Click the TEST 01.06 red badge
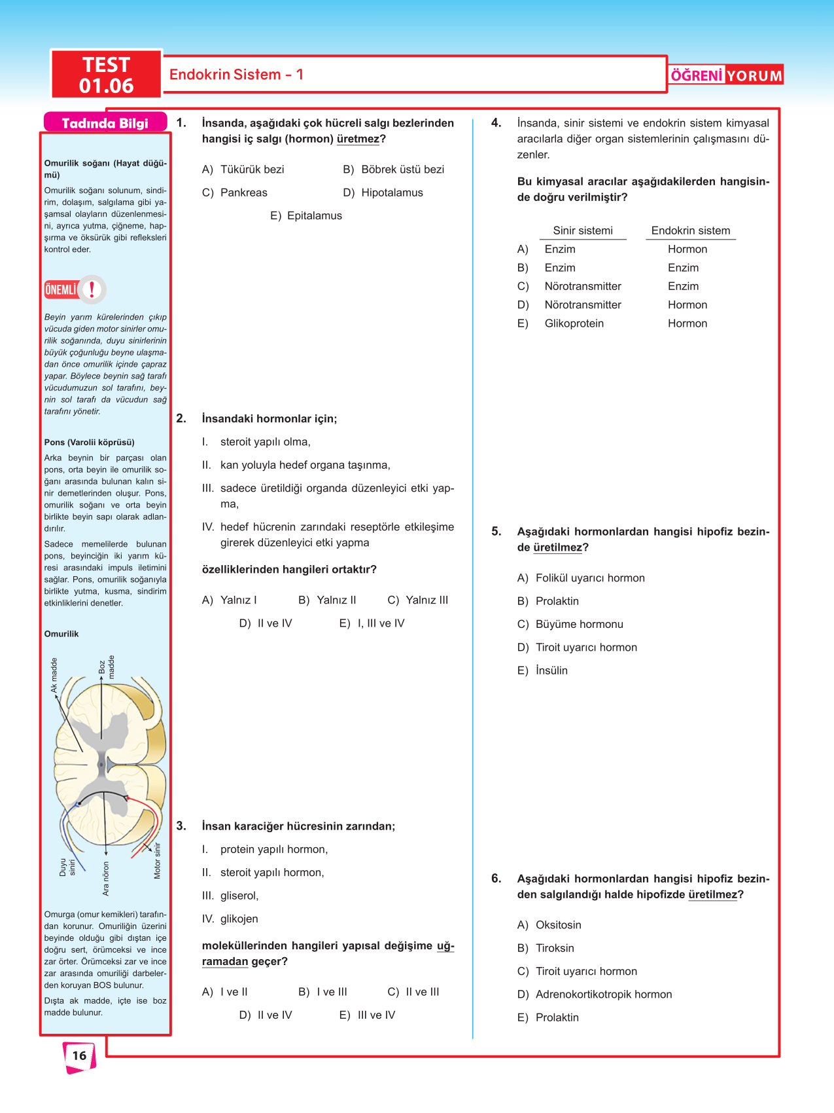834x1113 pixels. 106,75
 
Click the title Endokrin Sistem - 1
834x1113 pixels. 236,75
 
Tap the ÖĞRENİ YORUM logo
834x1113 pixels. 726,75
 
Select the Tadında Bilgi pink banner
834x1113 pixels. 105,123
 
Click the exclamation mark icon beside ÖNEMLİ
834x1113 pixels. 92,289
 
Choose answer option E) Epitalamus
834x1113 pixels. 306,216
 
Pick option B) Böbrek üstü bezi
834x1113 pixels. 394,170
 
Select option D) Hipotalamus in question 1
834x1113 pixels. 383,192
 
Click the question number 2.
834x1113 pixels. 181,419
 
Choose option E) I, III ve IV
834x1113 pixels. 372,623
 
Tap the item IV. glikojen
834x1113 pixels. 230,919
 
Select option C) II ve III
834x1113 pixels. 413,992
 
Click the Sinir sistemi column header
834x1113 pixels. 583,230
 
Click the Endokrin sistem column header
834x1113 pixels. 691,230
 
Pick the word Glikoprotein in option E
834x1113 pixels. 574,323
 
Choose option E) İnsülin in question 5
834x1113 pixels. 543,670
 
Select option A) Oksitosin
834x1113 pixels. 549,925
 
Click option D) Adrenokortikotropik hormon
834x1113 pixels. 595,994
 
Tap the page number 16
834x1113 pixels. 79,1055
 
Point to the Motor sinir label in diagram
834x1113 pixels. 157,860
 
